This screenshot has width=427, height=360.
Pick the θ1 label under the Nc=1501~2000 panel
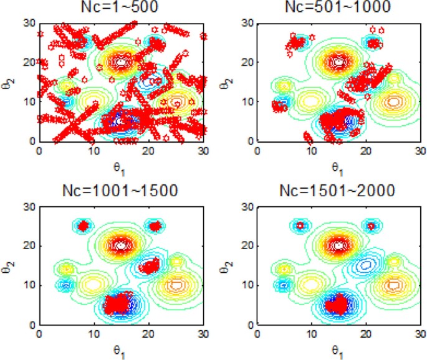(337, 351)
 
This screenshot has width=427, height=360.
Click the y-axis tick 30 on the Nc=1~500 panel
(29, 23)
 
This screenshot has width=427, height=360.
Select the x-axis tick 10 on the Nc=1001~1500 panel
(94, 334)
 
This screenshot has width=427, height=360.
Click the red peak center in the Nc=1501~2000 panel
(338, 245)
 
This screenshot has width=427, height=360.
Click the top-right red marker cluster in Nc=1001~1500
(155, 225)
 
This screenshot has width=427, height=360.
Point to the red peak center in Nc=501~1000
(338, 62)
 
